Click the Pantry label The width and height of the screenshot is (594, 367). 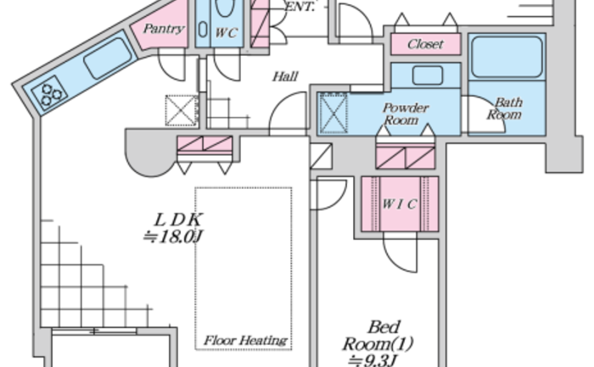tap(164, 29)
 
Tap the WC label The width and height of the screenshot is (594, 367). tap(226, 33)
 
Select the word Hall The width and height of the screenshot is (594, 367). tap(285, 77)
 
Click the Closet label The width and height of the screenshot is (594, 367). tap(425, 44)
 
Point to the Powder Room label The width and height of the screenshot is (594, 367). tap(406, 114)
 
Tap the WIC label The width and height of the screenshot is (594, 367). tap(400, 203)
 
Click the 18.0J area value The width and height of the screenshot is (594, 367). tap(173, 236)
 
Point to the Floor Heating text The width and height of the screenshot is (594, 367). tap(245, 341)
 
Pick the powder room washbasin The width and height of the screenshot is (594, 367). tap(426, 75)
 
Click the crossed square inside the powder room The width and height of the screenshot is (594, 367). tap(333, 114)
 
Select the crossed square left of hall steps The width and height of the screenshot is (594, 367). tap(181, 111)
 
